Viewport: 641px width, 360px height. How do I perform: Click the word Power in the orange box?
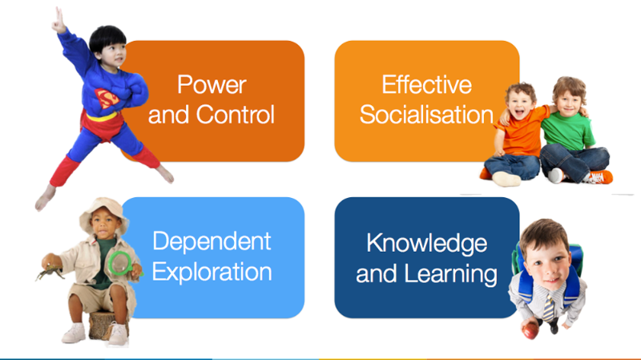[212, 85]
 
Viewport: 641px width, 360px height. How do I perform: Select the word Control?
[235, 114]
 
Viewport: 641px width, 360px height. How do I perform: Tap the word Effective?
[427, 85]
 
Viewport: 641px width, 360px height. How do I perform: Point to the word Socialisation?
[427, 114]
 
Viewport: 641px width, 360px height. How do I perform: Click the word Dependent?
[212, 242]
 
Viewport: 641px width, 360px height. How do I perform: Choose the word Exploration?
[212, 272]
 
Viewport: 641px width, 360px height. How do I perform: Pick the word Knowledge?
[427, 244]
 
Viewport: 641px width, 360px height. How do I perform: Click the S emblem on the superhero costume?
[107, 98]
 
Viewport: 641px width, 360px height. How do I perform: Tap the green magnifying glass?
[120, 264]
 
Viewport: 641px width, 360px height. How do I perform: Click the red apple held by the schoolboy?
[530, 330]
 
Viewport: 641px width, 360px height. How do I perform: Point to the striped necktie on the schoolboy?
[548, 307]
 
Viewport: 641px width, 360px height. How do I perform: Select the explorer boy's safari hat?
[103, 211]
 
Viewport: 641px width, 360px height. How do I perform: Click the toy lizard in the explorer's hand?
[50, 271]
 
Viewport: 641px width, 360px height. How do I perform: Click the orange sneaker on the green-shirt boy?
[599, 176]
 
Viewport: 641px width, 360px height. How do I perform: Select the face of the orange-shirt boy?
[520, 103]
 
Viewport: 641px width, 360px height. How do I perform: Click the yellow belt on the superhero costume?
[102, 117]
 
